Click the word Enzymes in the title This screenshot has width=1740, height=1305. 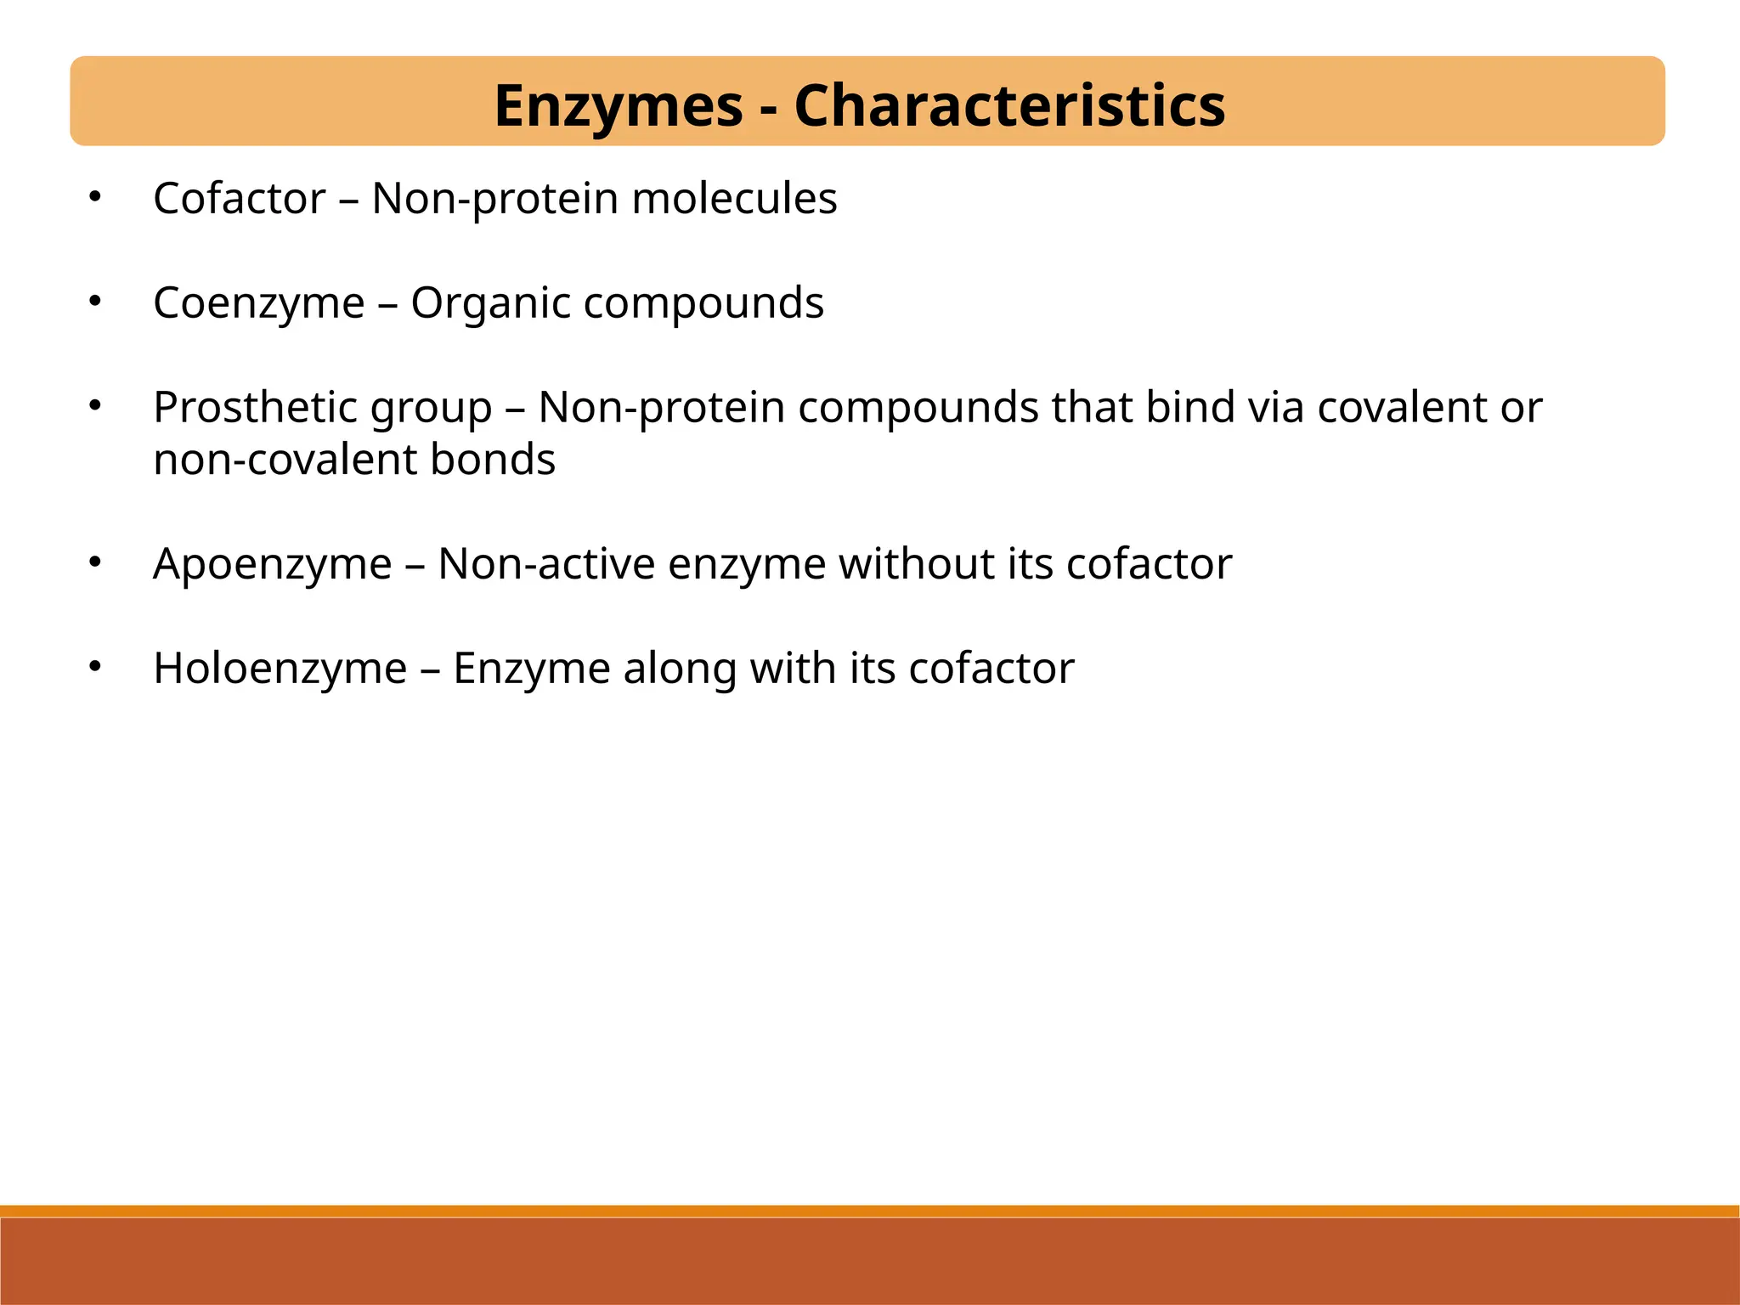click(619, 106)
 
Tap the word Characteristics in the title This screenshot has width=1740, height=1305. click(1009, 106)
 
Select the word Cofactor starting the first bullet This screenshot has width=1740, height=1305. click(240, 199)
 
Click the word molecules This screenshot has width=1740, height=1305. click(734, 199)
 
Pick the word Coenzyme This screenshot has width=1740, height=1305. click(259, 303)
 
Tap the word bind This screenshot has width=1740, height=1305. click(1189, 407)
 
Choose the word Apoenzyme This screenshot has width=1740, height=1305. click(273, 564)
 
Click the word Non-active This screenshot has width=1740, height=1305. click(546, 564)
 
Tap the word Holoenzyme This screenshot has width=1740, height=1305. click(280, 669)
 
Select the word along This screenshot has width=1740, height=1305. click(680, 669)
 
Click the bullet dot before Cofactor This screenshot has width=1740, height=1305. click(95, 198)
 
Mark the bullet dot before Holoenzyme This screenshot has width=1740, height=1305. click(95, 667)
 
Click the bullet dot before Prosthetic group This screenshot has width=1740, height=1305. click(95, 406)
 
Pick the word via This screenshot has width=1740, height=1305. click(1275, 407)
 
